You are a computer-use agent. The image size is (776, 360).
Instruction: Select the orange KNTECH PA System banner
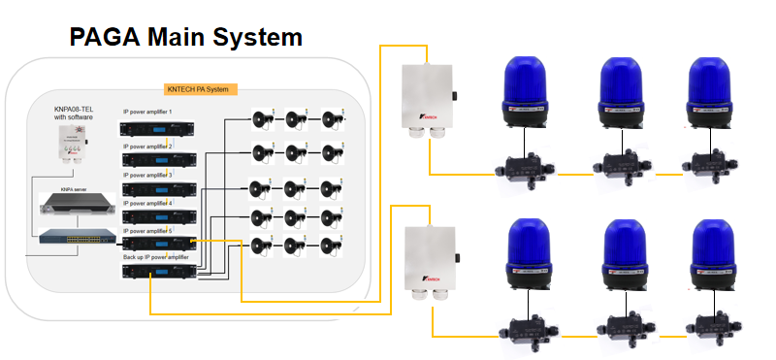198,89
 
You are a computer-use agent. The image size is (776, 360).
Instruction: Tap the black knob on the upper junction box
456,96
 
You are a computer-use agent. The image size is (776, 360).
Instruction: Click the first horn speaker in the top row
261,118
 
